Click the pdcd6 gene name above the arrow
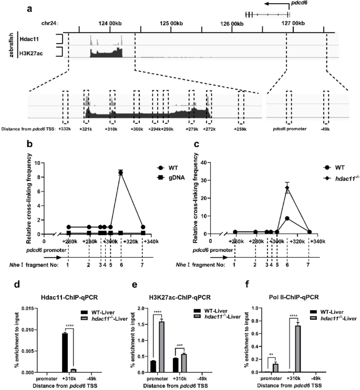pyautogui.click(x=296, y=4)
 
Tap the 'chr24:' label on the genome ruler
pyautogui.click(x=49, y=23)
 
